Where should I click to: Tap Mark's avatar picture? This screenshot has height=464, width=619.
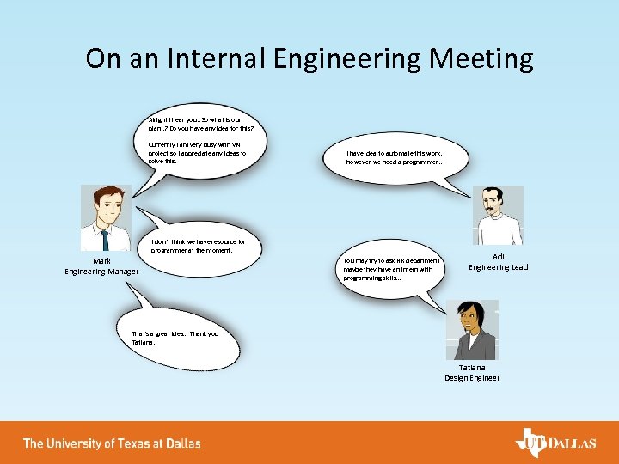point(105,218)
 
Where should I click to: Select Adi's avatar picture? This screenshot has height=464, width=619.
point(498,216)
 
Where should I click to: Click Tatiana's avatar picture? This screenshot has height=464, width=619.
point(472,330)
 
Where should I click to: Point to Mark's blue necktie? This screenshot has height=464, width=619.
point(105,240)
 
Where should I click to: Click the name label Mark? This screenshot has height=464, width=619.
point(101,261)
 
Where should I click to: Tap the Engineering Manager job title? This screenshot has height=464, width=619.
point(101,272)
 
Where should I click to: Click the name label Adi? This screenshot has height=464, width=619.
point(498,257)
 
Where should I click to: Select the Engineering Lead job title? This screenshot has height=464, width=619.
point(498,267)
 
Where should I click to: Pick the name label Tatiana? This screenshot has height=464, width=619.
point(472,368)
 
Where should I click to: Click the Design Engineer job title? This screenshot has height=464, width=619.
point(472,378)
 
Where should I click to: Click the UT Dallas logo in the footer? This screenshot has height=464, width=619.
point(555,443)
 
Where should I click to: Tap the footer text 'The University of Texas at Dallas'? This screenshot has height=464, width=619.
point(112,443)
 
